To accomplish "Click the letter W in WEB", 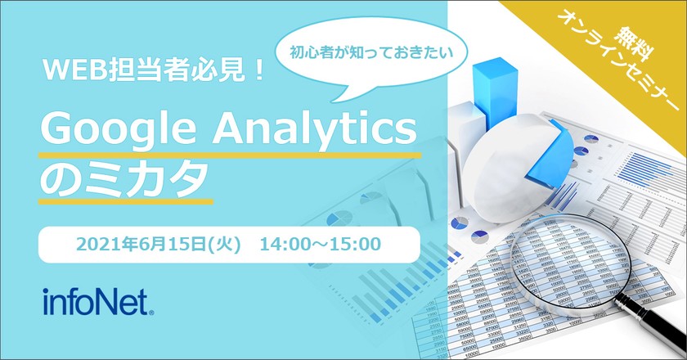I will click(x=55, y=72).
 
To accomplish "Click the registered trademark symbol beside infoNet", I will click(x=151, y=310).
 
